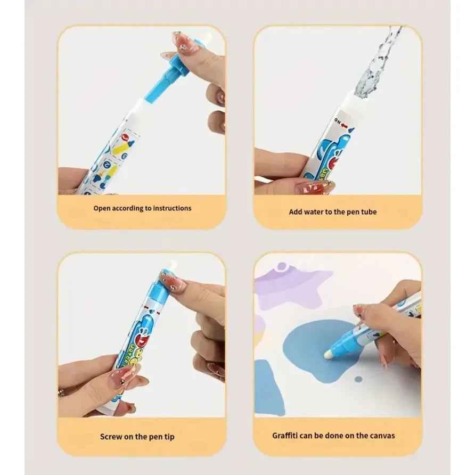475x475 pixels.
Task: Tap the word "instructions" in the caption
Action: (x=172, y=208)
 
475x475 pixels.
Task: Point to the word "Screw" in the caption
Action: (x=112, y=437)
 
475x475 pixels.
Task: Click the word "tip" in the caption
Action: (x=168, y=437)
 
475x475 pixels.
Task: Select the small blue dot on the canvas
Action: (x=358, y=379)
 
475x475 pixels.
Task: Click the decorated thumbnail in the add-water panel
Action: (x=317, y=187)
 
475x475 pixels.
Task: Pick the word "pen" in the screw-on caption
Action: (x=152, y=437)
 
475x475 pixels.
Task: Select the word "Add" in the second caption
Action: (x=296, y=211)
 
